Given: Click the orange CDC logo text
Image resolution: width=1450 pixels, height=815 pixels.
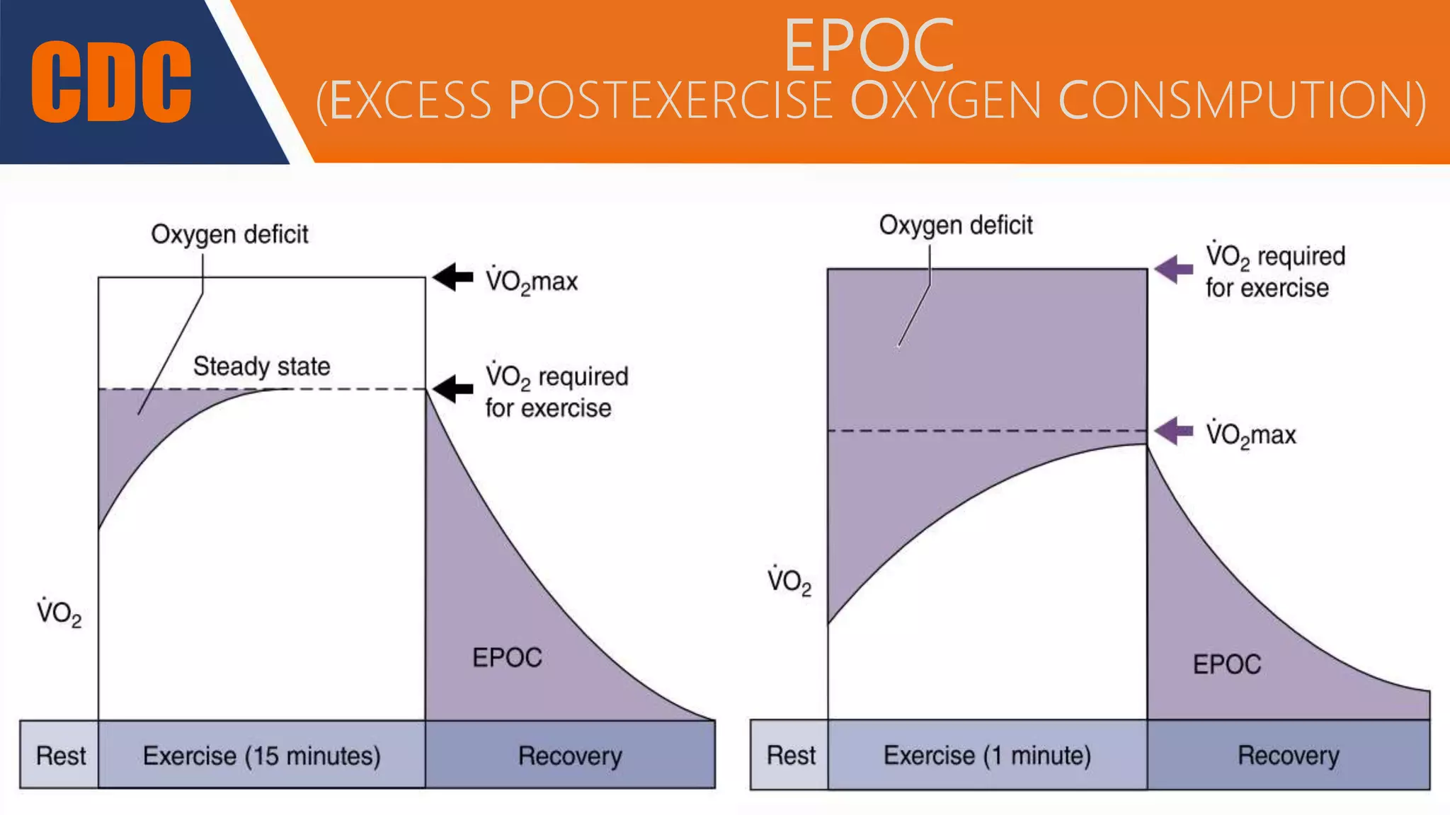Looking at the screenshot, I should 111,81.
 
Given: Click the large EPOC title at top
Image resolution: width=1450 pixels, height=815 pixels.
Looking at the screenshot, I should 869,46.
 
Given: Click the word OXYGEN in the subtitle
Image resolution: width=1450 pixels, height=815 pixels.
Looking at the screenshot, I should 947,101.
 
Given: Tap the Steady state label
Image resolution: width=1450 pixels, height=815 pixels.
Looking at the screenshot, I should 261,366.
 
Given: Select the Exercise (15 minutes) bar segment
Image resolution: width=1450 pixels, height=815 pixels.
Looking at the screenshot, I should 261,756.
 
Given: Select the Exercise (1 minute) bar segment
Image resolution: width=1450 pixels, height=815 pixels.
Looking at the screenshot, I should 987,756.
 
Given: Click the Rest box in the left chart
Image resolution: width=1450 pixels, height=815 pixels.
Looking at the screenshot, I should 60,756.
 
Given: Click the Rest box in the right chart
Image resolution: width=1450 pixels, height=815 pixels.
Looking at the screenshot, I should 790,756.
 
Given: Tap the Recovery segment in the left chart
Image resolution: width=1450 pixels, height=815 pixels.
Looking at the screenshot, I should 570,756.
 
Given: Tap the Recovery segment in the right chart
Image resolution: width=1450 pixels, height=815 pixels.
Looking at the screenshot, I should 1288,756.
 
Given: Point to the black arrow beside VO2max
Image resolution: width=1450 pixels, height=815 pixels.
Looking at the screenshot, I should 453,277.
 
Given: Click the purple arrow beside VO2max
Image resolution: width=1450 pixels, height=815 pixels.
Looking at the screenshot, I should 1174,431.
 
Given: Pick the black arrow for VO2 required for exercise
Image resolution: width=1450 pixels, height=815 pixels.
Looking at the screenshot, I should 453,388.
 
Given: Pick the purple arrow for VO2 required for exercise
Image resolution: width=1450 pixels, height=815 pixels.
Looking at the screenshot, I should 1174,269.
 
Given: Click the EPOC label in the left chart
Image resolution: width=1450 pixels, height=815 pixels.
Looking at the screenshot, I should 507,658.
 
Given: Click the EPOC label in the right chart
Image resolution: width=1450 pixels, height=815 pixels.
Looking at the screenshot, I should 1226,664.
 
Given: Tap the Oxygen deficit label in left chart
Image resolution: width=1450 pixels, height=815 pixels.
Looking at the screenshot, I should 229,234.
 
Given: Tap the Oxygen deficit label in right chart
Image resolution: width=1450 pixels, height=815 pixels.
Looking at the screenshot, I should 955,225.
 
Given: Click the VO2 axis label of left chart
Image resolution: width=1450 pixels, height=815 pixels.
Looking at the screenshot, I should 59,613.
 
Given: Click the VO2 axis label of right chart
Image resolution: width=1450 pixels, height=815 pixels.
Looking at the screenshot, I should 789,581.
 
